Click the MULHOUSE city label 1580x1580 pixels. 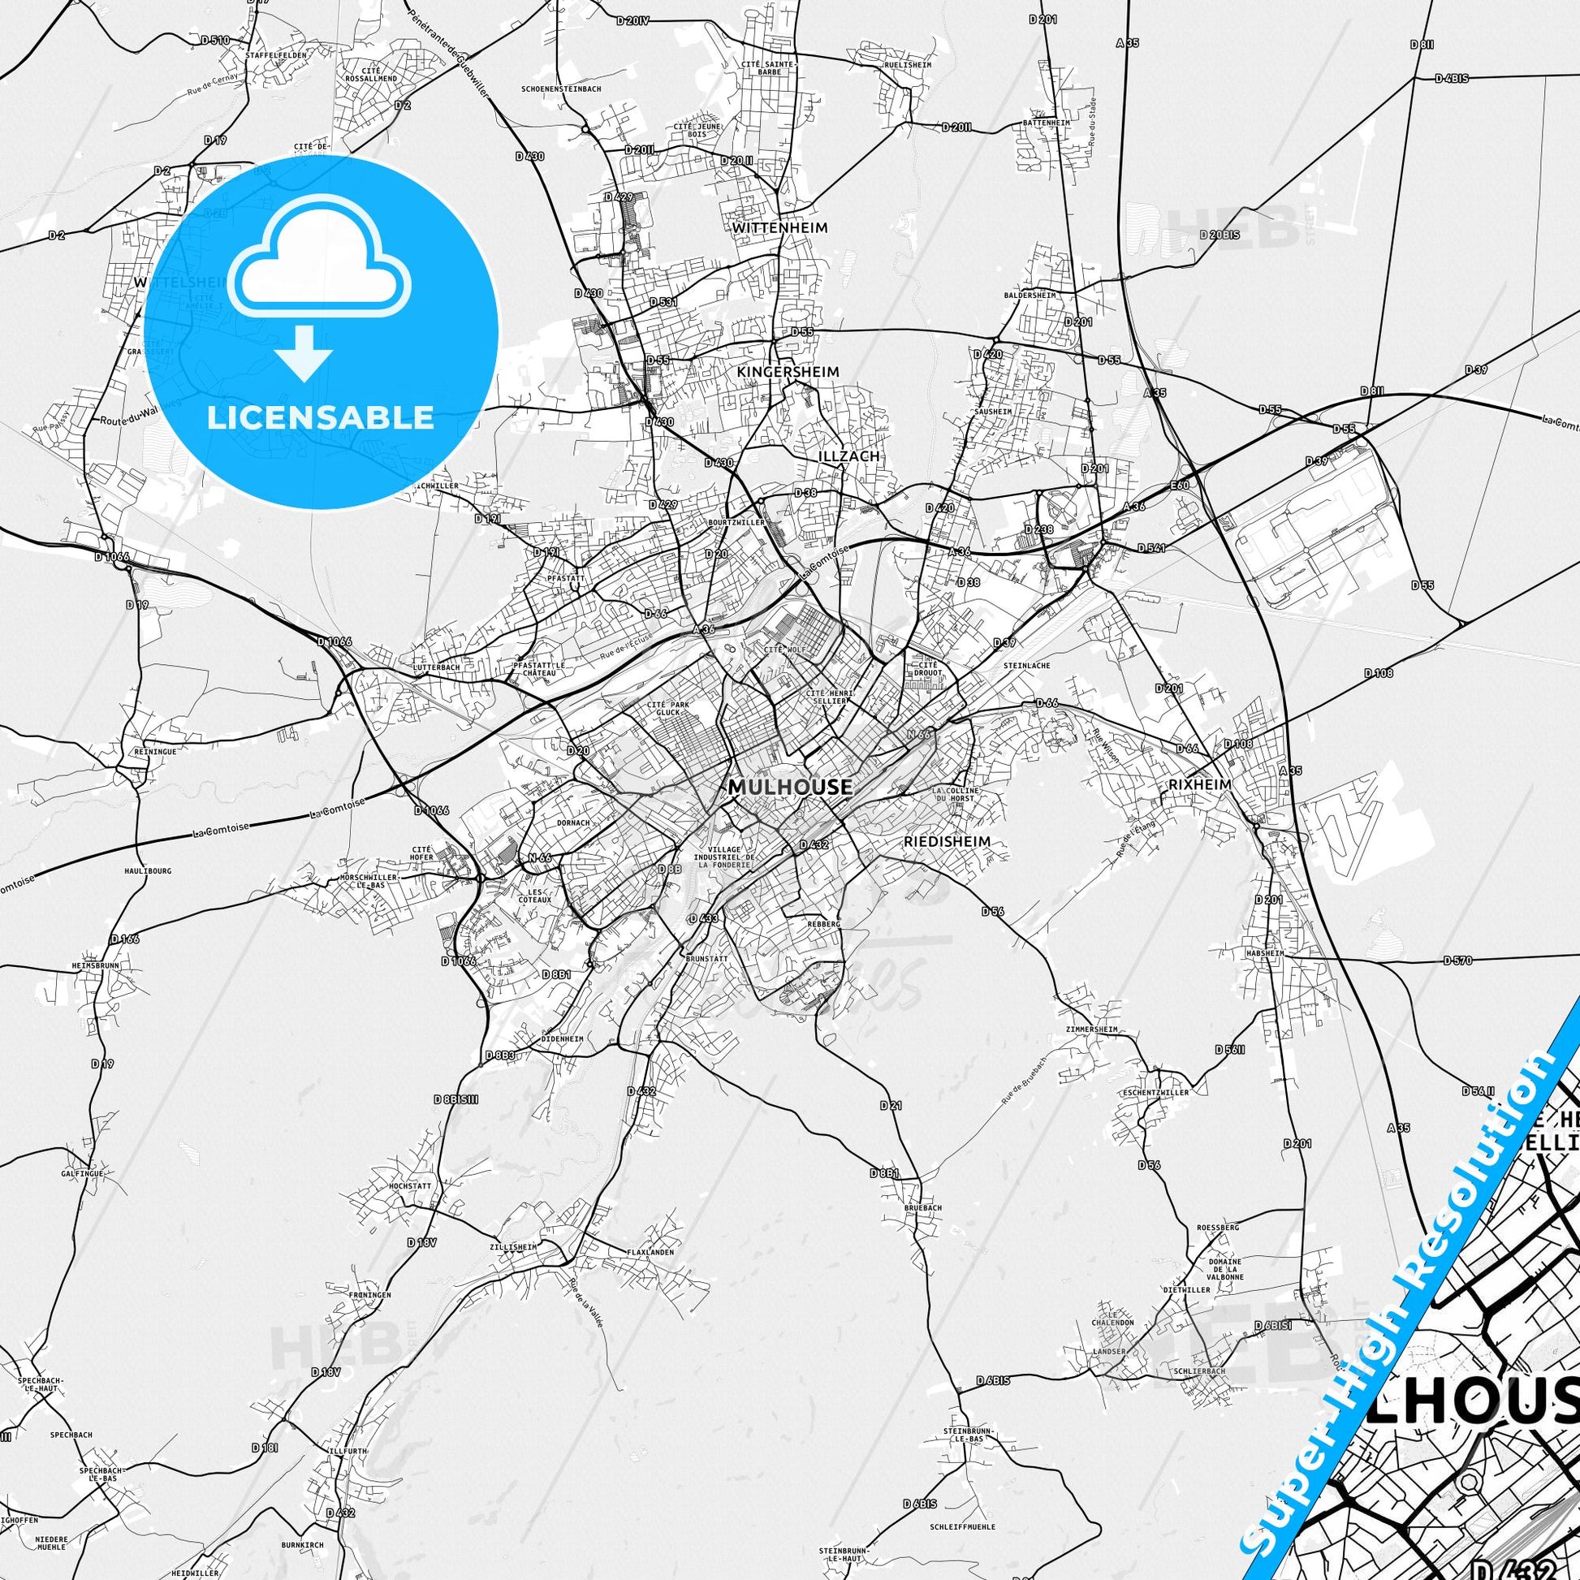[789, 788]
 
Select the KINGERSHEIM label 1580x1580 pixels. [788, 372]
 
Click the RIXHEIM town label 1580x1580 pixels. [1199, 784]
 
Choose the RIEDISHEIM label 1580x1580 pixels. [947, 840]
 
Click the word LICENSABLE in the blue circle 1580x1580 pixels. [320, 418]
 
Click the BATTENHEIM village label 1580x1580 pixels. [1046, 123]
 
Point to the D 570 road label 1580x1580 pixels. [1457, 960]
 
